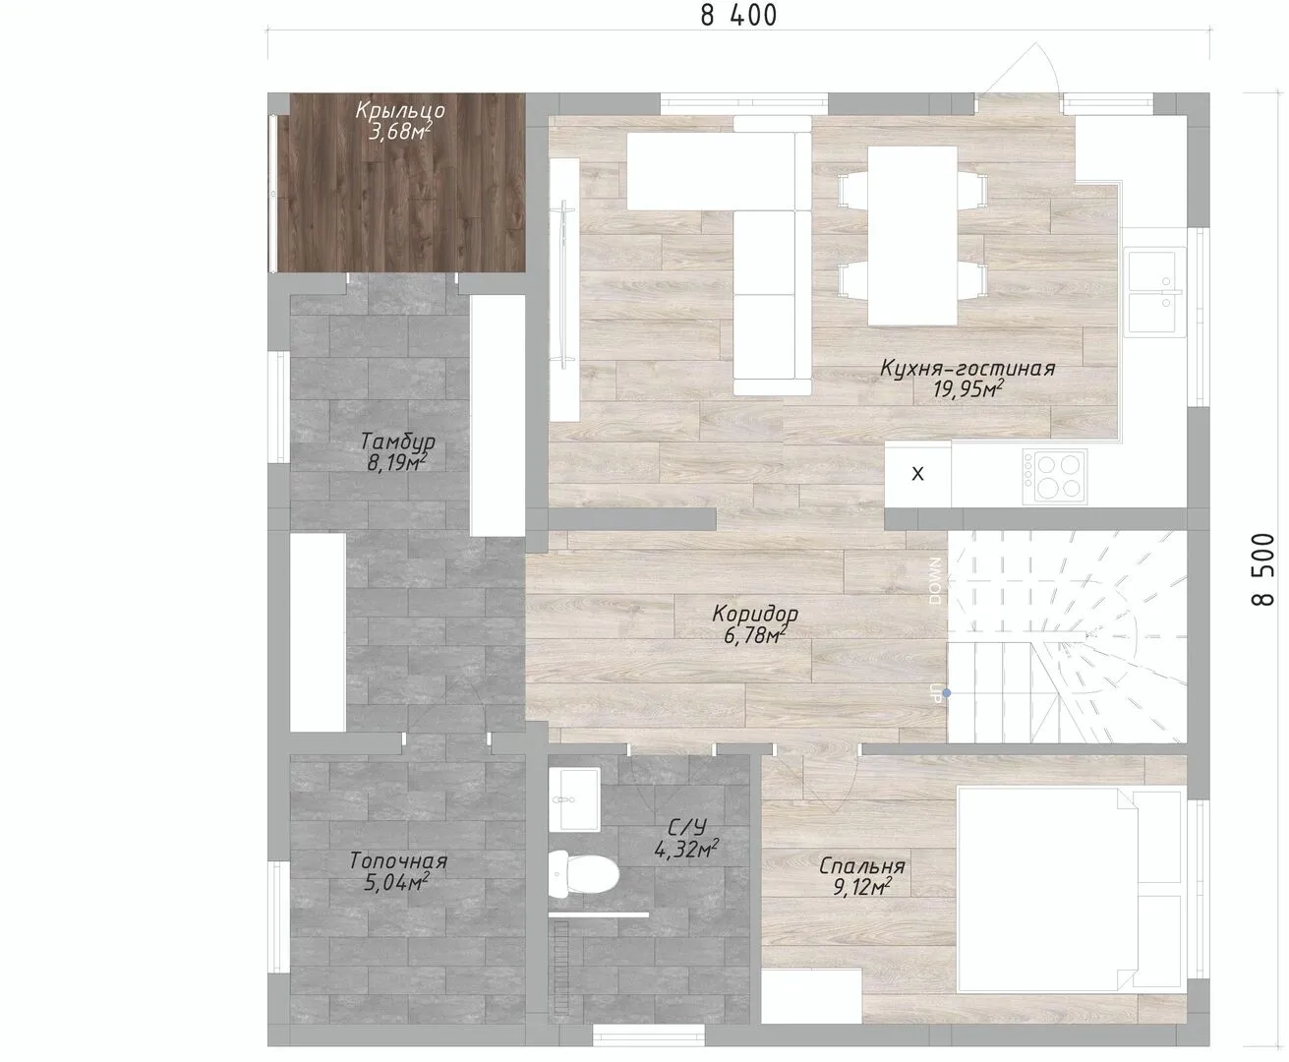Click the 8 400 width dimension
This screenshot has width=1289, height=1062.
(738, 15)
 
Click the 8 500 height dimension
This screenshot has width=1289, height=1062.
(1263, 569)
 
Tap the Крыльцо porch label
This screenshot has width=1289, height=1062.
(400, 110)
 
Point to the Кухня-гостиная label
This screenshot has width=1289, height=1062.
(967, 368)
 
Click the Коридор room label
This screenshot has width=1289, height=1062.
(755, 614)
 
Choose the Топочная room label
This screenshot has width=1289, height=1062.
(398, 860)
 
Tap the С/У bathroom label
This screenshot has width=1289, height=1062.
(686, 827)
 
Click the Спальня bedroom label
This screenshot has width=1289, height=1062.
(862, 866)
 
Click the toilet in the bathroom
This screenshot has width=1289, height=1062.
(583, 873)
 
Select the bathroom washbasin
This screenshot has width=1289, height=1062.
(574, 799)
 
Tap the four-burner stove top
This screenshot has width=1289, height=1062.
(1055, 475)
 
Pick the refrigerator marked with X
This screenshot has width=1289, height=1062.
(917, 474)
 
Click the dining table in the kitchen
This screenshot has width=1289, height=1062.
(912, 236)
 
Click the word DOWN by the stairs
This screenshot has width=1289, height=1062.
(936, 581)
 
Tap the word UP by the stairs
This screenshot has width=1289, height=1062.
(935, 693)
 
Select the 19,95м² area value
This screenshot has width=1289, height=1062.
(967, 389)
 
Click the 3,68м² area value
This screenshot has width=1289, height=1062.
(400, 131)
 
